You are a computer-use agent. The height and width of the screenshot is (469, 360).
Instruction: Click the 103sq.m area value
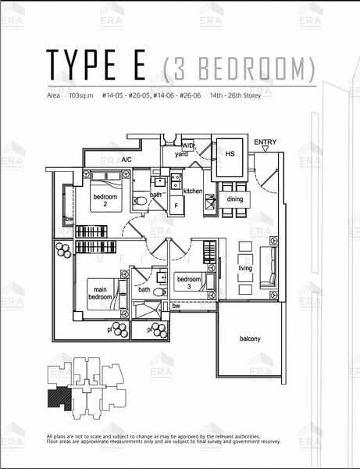pos(80,95)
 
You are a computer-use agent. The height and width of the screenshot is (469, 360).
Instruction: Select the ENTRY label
pos(266,141)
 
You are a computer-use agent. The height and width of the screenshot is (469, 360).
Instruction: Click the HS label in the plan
pos(230,154)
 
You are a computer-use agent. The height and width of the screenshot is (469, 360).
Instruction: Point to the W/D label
pos(188,145)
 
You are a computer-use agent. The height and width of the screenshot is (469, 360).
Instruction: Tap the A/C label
pos(127,159)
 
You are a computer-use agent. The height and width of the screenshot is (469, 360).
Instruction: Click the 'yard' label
pos(181,154)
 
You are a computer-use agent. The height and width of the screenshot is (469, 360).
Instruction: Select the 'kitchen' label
pos(193,191)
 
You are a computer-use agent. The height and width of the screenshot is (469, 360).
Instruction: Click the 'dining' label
pos(234,199)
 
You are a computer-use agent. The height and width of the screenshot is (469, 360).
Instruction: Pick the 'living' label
pos(246,268)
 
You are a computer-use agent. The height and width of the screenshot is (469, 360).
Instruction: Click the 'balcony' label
pos(250,338)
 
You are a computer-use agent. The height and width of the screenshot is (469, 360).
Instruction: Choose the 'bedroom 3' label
pos(189,283)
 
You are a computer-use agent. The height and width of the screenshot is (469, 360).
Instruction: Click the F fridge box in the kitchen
pos(176,206)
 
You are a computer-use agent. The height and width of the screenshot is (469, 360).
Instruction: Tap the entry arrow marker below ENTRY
pos(266,150)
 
